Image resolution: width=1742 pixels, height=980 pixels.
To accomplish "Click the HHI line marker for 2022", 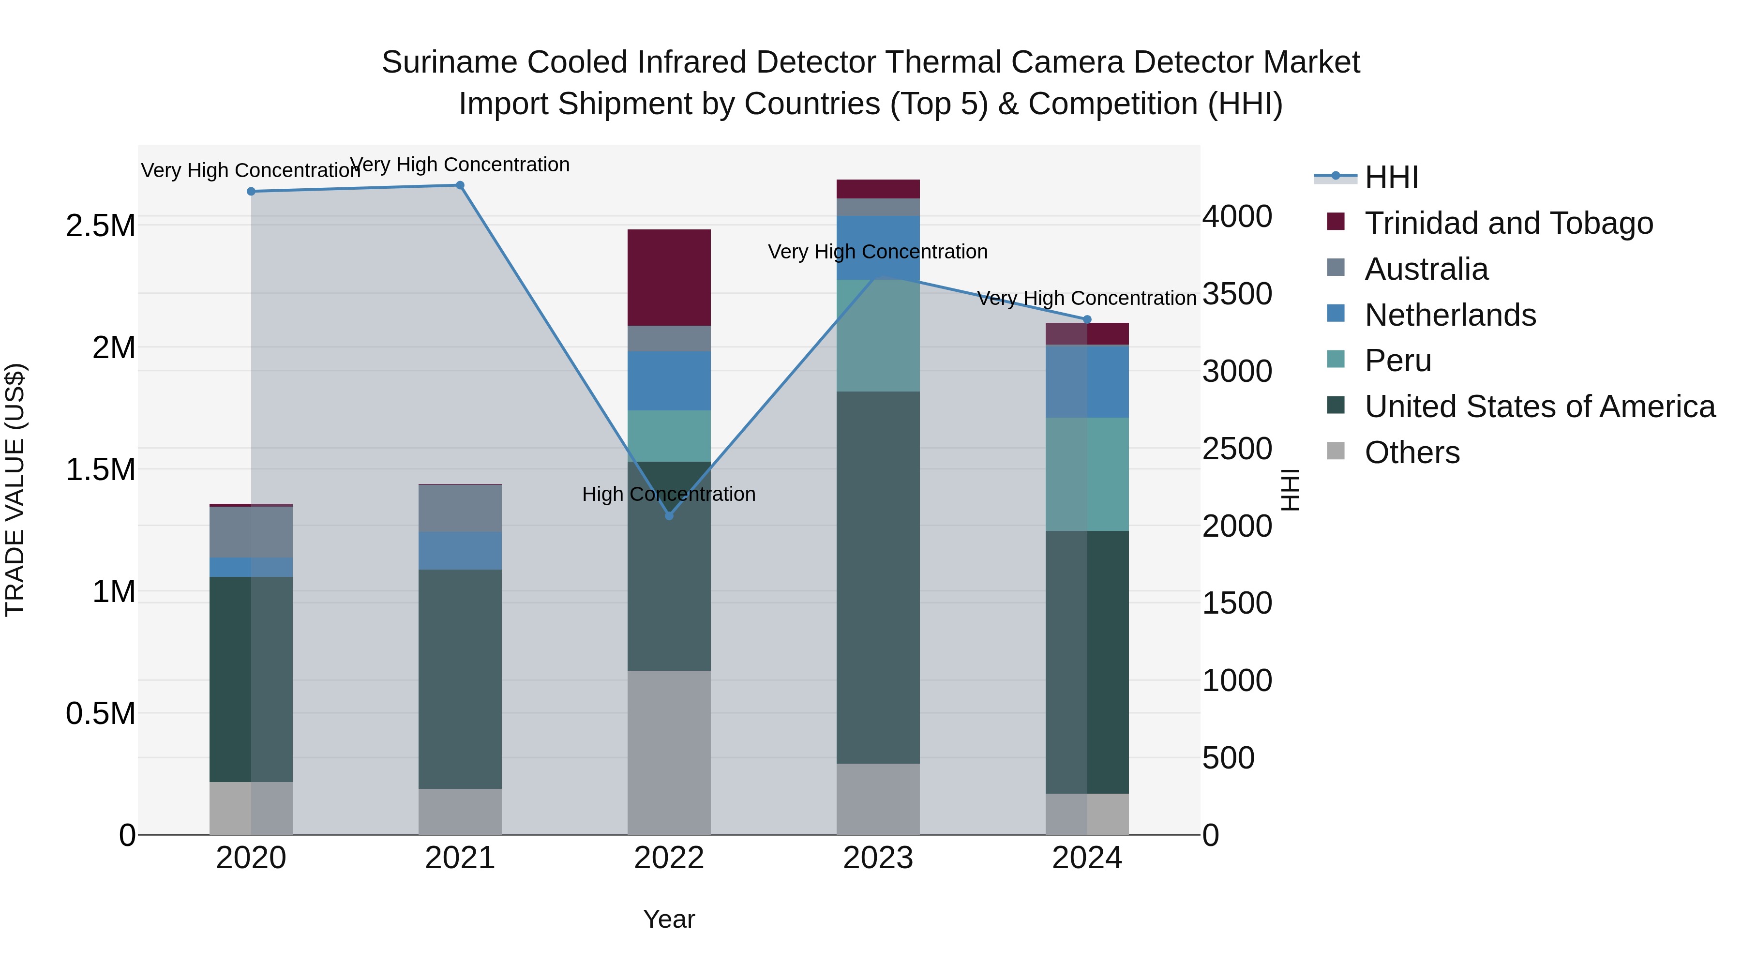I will tap(669, 515).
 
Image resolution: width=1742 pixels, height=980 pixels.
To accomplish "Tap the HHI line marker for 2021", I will tap(460, 185).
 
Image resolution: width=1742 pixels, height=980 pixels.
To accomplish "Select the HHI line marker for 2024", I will tap(1087, 319).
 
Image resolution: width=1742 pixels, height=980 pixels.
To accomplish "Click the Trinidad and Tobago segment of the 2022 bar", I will tap(669, 277).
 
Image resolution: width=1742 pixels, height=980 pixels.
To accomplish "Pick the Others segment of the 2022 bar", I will tap(669, 752).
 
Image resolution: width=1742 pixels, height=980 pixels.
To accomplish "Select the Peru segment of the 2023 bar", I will tap(878, 335).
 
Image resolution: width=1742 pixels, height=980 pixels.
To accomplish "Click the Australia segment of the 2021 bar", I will tap(460, 508).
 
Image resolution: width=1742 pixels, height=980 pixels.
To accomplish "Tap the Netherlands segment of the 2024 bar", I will tap(1087, 381).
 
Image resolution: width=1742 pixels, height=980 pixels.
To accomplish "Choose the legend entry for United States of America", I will tap(1539, 407).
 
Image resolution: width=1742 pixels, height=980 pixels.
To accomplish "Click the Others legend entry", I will tap(1412, 452).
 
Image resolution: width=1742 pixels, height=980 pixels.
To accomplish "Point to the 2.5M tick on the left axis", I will tap(100, 226).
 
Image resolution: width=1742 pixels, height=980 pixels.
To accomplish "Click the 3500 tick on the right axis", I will tap(1237, 294).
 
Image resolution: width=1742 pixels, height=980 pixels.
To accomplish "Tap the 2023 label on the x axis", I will tap(878, 858).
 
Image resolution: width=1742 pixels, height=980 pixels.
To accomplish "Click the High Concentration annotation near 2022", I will tap(669, 495).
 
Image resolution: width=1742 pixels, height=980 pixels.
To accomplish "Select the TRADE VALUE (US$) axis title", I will tap(15, 490).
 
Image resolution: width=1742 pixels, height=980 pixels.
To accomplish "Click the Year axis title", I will tap(669, 919).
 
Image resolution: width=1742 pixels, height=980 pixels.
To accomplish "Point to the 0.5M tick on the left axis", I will tap(100, 713).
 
